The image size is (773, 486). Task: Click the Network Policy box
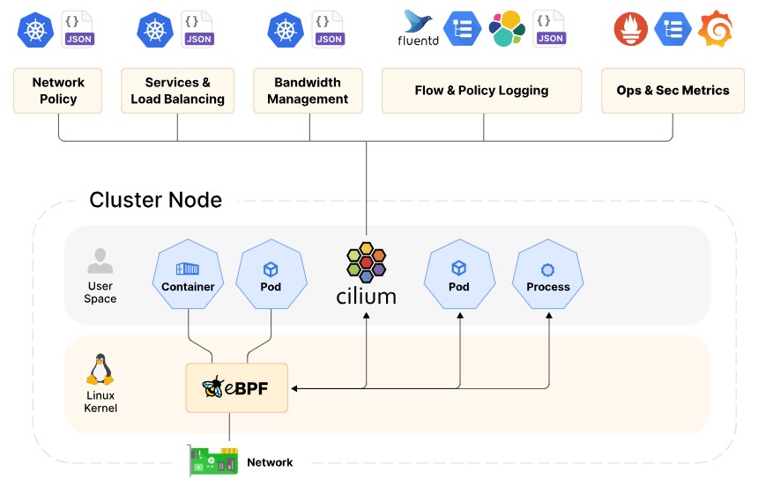(x=58, y=91)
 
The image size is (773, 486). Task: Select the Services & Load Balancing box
(x=177, y=91)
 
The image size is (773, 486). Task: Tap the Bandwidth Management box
(x=308, y=91)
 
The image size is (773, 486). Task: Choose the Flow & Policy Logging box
(x=481, y=91)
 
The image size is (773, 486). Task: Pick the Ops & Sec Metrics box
(x=673, y=91)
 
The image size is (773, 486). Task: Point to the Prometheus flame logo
(x=631, y=29)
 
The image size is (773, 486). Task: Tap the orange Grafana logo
(x=715, y=29)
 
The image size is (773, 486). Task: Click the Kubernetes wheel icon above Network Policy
(x=35, y=29)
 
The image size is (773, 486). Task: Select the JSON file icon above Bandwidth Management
(x=328, y=28)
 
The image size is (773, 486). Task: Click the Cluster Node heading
(x=155, y=200)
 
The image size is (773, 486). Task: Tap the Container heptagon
(x=188, y=276)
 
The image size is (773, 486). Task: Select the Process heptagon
(x=548, y=276)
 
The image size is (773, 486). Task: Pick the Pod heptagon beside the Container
(x=271, y=276)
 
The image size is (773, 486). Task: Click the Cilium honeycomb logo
(x=366, y=261)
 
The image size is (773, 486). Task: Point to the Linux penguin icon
(x=100, y=371)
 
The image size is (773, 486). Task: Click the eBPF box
(x=236, y=387)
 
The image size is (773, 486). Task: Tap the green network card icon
(x=213, y=460)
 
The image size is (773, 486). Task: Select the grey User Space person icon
(x=100, y=261)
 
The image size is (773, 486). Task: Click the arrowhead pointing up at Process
(x=549, y=315)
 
